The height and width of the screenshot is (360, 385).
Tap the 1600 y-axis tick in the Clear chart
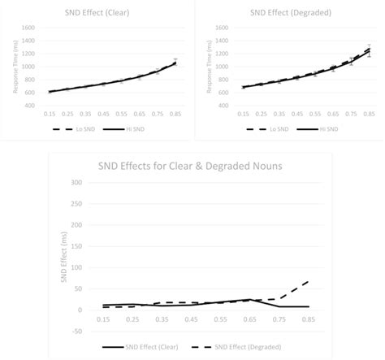[x=27, y=28]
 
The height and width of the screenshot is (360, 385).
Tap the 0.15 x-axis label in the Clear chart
[x=50, y=115]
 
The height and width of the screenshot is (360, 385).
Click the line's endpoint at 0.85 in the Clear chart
[x=175, y=63]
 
